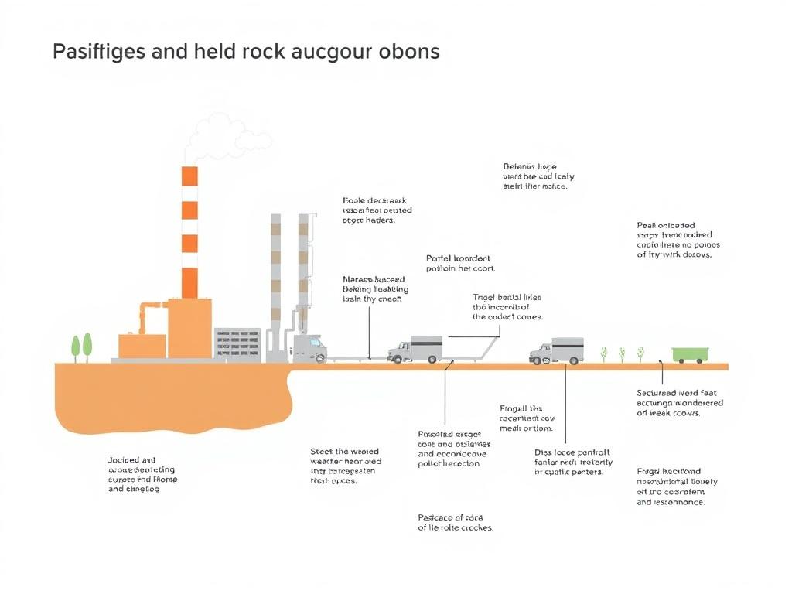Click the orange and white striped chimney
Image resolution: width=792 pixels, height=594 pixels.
pos(189,232)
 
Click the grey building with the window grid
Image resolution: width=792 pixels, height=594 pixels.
pos(237,343)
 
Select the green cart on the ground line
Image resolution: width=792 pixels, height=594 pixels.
pos(688,355)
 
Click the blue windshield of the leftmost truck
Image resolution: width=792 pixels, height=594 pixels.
pos(315,341)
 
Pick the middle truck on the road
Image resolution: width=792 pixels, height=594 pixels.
pos(415,350)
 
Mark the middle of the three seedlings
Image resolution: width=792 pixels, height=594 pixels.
pos(622,353)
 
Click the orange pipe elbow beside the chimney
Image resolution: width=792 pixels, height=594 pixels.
pos(145,310)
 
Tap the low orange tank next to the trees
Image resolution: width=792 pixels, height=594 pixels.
pos(142,346)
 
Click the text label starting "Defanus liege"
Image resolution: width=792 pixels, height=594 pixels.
pos(538,176)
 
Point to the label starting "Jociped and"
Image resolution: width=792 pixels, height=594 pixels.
pos(141,474)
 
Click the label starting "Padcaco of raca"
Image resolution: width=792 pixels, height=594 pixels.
pos(455,523)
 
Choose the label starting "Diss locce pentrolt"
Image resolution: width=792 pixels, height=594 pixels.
pos(573,462)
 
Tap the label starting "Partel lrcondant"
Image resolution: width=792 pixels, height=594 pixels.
pos(460,263)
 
